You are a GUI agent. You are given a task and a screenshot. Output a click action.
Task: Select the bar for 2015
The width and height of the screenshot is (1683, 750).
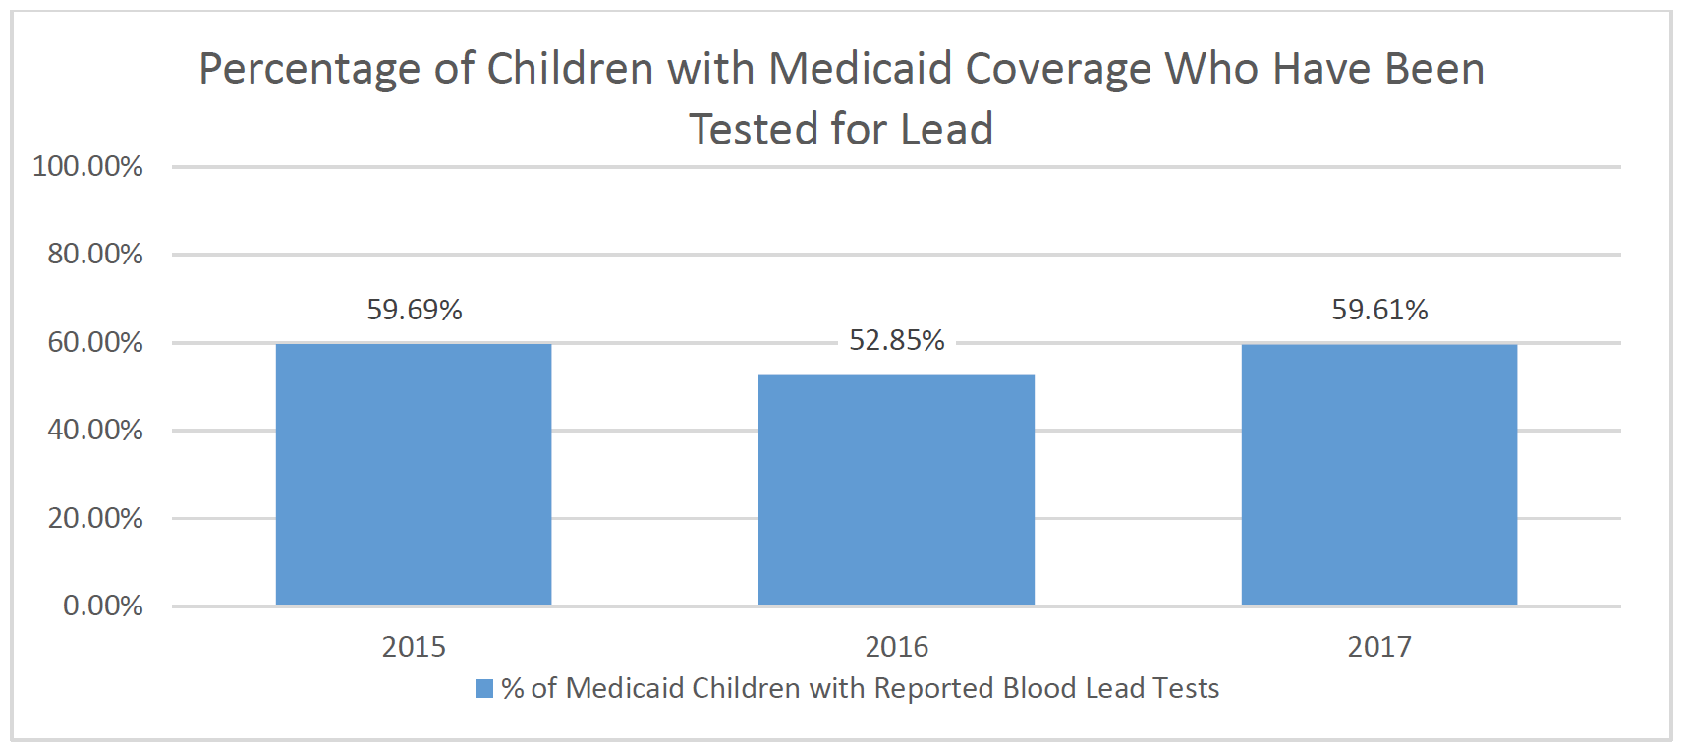tap(414, 474)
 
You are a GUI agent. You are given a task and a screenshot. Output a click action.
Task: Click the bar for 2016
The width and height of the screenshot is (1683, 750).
tap(896, 489)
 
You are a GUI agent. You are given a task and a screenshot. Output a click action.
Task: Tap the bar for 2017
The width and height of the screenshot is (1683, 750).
tap(1378, 474)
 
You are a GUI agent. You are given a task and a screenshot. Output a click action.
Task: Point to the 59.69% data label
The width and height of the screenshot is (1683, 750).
tap(415, 310)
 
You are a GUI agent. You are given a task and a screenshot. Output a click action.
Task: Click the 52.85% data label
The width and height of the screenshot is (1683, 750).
tap(896, 340)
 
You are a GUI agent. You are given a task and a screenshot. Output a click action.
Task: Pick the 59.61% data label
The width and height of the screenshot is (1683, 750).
tap(1379, 310)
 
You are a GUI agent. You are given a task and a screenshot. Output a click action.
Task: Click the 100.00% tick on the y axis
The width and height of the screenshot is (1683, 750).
tap(87, 166)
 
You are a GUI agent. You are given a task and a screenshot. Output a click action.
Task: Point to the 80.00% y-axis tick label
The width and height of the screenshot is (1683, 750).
tap(95, 255)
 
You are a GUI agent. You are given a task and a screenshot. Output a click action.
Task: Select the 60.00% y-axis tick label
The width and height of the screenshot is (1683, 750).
tap(95, 342)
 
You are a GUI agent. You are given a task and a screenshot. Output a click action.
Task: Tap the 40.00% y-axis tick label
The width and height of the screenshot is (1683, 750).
tap(95, 430)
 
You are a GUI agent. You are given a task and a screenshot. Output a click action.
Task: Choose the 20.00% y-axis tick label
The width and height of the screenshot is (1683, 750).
tap(95, 518)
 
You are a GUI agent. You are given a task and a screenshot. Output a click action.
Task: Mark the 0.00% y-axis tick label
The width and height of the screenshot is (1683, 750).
tap(102, 606)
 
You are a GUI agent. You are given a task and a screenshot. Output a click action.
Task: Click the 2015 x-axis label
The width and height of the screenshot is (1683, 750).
tap(414, 647)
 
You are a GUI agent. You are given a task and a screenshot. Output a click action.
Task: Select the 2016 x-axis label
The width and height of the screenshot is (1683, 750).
tap(896, 647)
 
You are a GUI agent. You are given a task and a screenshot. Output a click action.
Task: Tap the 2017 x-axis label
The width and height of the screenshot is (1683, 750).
tap(1379, 647)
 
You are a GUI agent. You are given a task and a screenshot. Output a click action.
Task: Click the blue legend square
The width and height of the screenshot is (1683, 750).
tap(484, 688)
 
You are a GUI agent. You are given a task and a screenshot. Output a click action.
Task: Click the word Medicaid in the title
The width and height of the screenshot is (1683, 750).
tap(861, 69)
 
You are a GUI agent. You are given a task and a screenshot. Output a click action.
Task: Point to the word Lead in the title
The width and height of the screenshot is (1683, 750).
tap(946, 130)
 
